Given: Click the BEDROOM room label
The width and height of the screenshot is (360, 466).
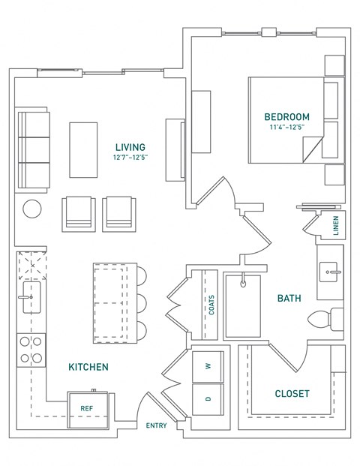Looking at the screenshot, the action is (286, 117).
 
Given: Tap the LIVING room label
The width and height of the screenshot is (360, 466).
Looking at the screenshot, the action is (130, 147).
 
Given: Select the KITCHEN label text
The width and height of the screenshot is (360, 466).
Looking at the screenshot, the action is (88, 367).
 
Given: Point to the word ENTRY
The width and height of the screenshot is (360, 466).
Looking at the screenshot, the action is (156, 425).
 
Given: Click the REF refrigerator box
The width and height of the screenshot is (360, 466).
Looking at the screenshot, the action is (88, 410).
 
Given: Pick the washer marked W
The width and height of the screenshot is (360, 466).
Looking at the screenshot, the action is (208, 366).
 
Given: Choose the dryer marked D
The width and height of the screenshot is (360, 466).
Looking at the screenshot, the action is (208, 399).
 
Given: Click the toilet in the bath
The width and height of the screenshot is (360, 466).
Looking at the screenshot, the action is (325, 320).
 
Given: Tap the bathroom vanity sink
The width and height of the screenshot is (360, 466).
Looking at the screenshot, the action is (328, 272).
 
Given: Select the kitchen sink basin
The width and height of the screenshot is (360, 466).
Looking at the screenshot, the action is (31, 297).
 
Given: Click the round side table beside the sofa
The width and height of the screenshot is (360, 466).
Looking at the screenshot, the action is (32, 209).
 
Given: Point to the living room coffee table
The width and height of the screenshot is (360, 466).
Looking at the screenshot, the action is (83, 150).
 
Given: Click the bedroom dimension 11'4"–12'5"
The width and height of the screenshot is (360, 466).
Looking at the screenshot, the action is (287, 128).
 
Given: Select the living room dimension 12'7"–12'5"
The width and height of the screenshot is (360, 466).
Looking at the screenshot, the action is (130, 158).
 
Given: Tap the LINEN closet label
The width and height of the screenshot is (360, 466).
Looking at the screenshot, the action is (336, 226).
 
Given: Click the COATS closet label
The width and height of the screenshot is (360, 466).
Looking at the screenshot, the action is (211, 305).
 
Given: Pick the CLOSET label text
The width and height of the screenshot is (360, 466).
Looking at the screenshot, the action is (292, 394).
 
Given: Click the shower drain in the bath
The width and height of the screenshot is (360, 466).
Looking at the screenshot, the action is (243, 284).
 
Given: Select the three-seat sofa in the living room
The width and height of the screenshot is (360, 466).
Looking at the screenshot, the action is (32, 150).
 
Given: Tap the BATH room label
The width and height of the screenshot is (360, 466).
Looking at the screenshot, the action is (289, 298).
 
